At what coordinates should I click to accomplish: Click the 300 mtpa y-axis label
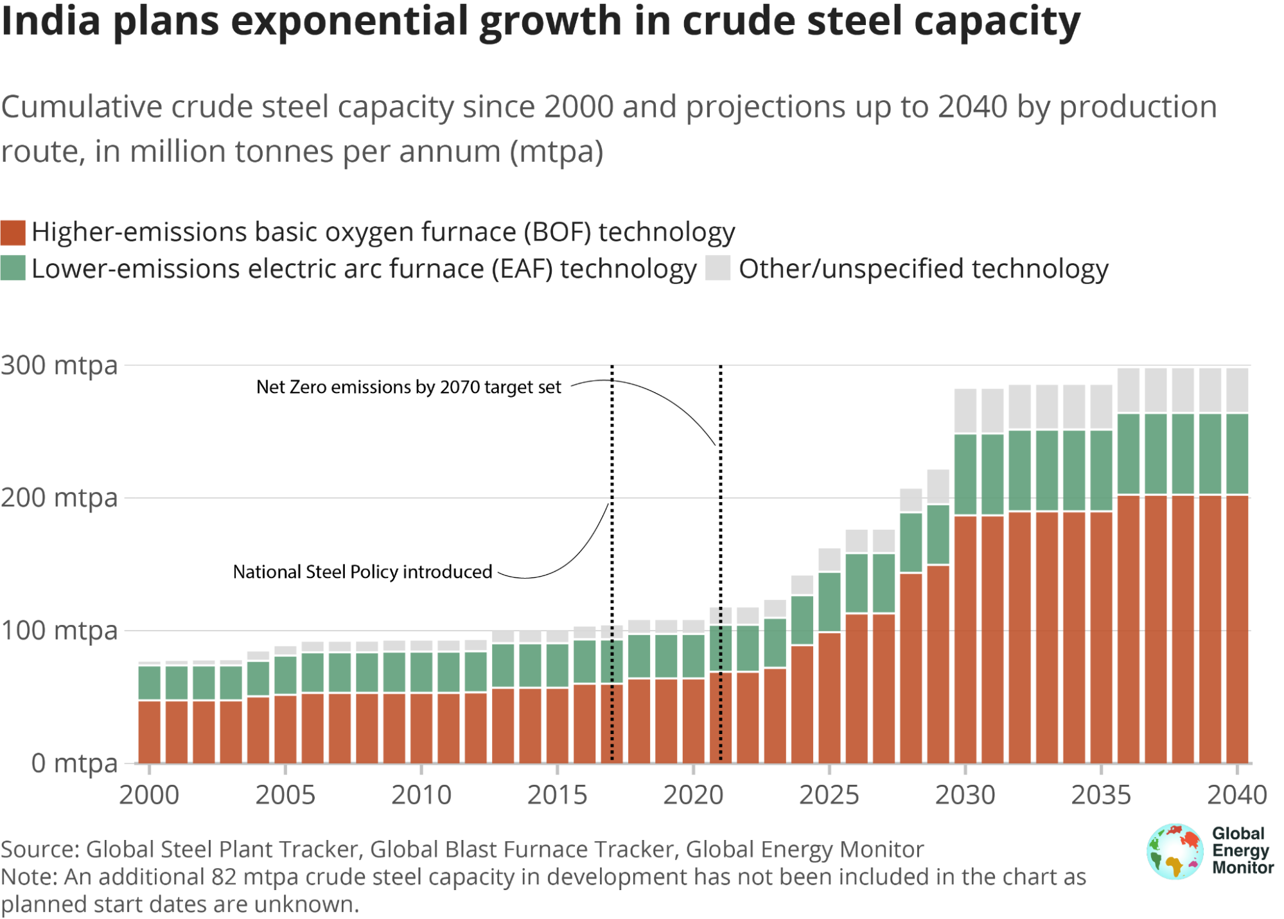[x=59, y=365]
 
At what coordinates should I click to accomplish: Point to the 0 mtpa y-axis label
[x=75, y=763]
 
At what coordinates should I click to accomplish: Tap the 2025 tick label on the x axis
[x=829, y=795]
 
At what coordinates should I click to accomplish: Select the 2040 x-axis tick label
[x=1236, y=795]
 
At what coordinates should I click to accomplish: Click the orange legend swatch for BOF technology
[x=13, y=232]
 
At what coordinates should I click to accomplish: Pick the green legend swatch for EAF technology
[x=13, y=268]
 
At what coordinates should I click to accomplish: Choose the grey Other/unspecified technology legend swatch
[x=717, y=268]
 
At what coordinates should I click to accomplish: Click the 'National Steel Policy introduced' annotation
[x=362, y=572]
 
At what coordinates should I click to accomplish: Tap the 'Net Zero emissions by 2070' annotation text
[x=409, y=387]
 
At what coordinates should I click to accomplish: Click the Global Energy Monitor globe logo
[x=1174, y=852]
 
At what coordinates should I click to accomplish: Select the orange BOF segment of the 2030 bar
[x=965, y=639]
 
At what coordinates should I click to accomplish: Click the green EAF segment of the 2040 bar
[x=1237, y=454]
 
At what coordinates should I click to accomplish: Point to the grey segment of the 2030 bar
[x=965, y=411]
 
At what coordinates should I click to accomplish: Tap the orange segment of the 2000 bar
[x=150, y=732]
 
